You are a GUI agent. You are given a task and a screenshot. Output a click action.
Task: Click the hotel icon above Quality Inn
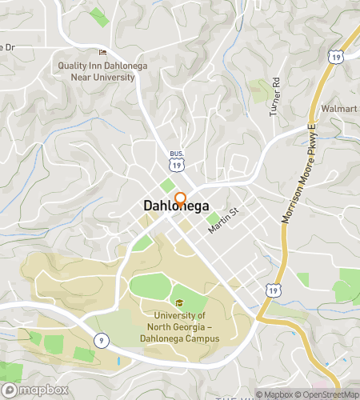tap(102, 54)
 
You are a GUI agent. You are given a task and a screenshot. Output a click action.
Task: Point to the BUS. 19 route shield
tap(175, 160)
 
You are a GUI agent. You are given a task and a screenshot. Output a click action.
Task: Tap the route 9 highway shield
tap(101, 340)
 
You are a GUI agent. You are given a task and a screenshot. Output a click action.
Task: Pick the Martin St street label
tap(224, 220)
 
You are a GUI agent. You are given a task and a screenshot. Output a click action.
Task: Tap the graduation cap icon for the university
tap(179, 304)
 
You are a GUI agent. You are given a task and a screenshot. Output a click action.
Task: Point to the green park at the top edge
tap(98, 15)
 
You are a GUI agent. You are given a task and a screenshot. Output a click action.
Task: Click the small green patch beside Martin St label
tap(211, 218)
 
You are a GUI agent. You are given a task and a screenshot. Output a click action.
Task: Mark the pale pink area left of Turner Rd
tap(258, 89)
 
